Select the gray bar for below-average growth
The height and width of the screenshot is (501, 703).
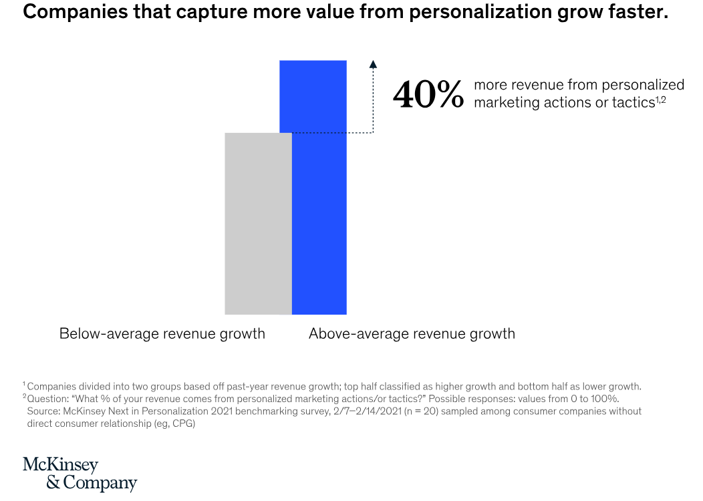click(x=258, y=223)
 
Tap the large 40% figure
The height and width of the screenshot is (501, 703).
click(x=428, y=95)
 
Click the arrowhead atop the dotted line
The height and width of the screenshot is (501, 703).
click(x=373, y=63)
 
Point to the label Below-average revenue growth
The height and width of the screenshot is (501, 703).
click(x=162, y=333)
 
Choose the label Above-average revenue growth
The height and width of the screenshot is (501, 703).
click(x=412, y=333)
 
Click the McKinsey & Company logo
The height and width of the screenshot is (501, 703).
click(x=80, y=474)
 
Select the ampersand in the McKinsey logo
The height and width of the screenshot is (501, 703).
click(x=53, y=482)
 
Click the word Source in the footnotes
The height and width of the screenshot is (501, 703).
click(x=42, y=411)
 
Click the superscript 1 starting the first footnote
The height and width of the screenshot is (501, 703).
click(x=24, y=384)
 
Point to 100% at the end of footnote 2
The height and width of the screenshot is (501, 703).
click(x=605, y=399)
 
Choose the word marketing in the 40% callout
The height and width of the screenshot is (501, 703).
click(x=504, y=102)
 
